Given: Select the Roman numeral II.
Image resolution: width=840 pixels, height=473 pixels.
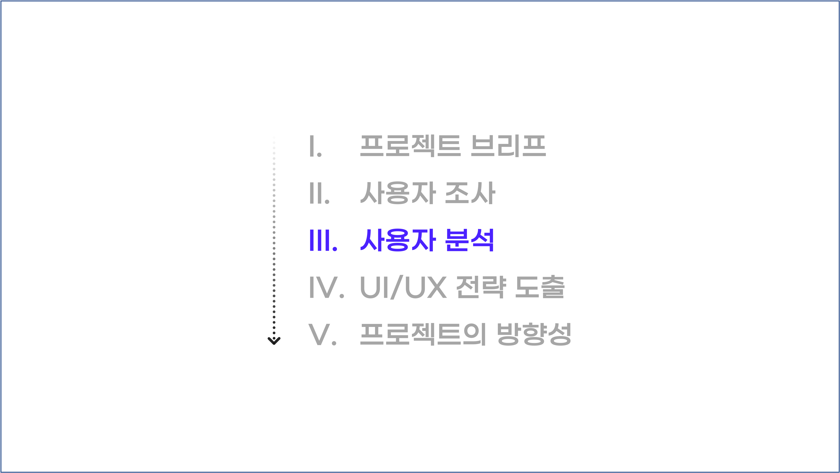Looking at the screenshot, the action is tap(319, 193).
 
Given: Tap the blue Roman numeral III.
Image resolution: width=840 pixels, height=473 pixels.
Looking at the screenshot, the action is tap(323, 240).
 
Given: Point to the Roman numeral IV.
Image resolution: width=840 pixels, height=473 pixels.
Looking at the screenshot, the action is tap(326, 288).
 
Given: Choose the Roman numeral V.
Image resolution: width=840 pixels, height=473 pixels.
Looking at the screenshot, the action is tap(322, 334).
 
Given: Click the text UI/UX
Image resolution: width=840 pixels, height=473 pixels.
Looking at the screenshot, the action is tap(403, 288).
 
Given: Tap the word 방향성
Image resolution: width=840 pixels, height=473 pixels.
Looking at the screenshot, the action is tap(534, 334).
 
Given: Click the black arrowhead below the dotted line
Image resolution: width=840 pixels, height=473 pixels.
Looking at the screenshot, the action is tap(274, 341).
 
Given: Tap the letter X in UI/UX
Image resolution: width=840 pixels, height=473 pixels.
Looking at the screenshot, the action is tap(437, 288).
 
